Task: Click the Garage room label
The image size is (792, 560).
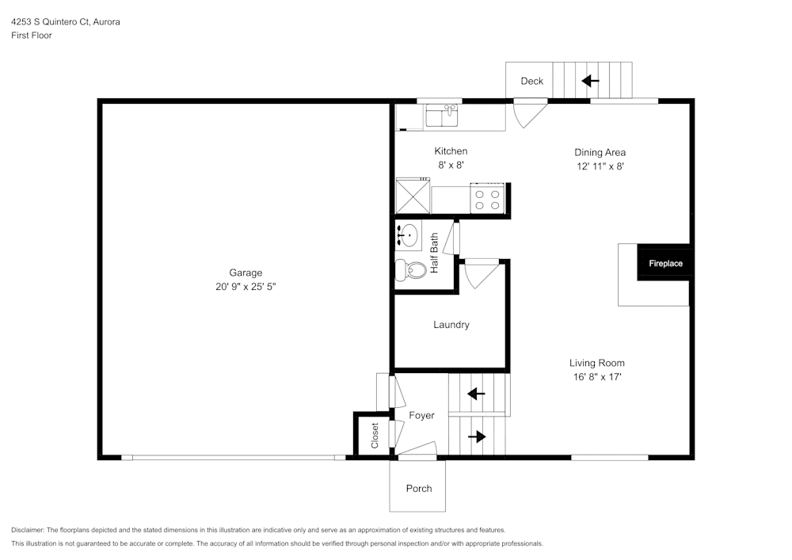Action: coord(246,272)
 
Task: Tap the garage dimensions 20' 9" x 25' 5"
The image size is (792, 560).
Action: coord(246,287)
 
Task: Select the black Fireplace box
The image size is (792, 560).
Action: coord(665,263)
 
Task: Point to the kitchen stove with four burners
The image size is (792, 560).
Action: coord(487,199)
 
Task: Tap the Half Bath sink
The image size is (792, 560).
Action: coord(409,235)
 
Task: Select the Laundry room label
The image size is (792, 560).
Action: coord(451,325)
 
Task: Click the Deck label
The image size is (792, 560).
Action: coord(531,82)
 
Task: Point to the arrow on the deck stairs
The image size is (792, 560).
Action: coord(590,81)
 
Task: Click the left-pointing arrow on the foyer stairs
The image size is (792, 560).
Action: coord(476,394)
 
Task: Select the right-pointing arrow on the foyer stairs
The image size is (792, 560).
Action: coord(477,436)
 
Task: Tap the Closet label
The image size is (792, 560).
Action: coord(375,435)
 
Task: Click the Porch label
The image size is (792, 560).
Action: coord(419,489)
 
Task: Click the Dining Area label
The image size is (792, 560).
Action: coord(600,152)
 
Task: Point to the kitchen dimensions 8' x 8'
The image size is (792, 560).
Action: coord(451,166)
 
